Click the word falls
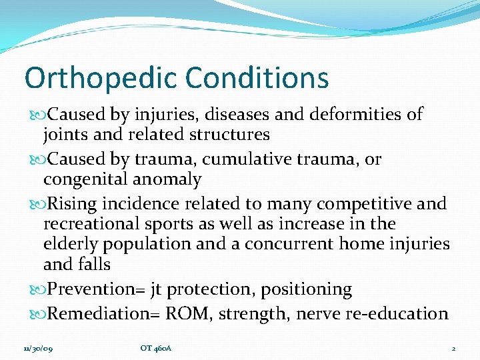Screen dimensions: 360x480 (93, 264)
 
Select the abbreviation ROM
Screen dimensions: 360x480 (201, 314)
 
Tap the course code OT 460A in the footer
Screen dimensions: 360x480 (156, 349)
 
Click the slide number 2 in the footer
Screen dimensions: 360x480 (453, 349)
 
